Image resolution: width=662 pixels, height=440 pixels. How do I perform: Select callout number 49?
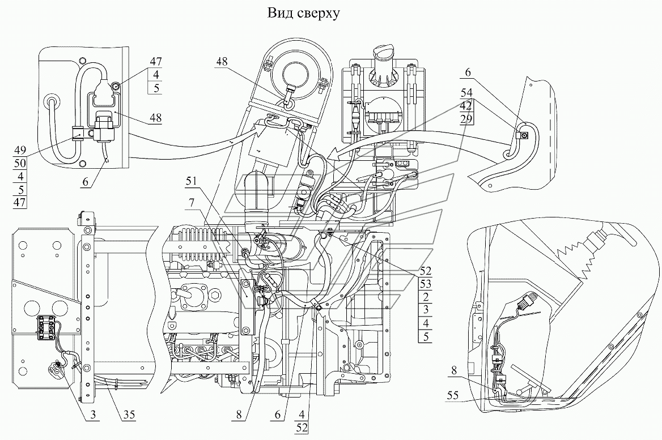(x=20, y=149)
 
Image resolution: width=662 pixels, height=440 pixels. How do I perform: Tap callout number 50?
(x=20, y=163)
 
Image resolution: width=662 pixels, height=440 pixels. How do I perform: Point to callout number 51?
(x=191, y=181)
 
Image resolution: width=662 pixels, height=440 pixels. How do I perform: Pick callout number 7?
(x=192, y=203)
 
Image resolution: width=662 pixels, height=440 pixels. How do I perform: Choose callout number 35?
(x=129, y=415)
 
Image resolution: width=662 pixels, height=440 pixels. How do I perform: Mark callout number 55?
(x=453, y=396)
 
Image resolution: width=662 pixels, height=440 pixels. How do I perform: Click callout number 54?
(x=466, y=92)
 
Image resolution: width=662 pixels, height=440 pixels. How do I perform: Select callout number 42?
(x=466, y=105)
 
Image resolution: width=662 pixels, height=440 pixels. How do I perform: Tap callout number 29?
(x=466, y=119)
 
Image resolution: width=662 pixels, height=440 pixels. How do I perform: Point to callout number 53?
(x=426, y=283)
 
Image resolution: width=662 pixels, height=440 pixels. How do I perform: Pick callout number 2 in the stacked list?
(x=426, y=296)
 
